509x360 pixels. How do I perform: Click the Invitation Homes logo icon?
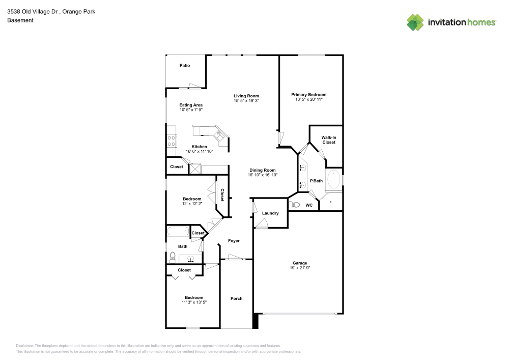coord(415,22)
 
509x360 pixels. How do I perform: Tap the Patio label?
coord(185,65)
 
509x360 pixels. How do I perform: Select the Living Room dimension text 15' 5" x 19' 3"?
coord(246,101)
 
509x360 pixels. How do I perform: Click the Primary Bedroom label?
coord(308,94)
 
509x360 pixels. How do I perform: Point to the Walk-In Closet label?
coord(328,140)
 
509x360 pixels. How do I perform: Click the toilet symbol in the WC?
coord(294,205)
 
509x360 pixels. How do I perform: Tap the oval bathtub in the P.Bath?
coord(333,180)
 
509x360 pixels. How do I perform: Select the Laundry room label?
coord(270,213)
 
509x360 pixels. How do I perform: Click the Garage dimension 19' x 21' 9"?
coord(299,268)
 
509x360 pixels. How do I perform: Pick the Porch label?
coord(236,298)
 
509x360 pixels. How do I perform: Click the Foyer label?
coord(234,241)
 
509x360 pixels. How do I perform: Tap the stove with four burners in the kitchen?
coord(172,140)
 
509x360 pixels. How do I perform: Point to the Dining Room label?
coord(262,170)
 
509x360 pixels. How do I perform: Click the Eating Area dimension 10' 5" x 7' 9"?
coord(191,110)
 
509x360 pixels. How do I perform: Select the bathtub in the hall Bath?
coord(178,232)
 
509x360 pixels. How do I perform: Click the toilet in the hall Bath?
coord(173,257)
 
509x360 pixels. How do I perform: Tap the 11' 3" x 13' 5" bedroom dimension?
coord(194,302)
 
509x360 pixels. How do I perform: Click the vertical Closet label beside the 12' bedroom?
coord(222,195)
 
